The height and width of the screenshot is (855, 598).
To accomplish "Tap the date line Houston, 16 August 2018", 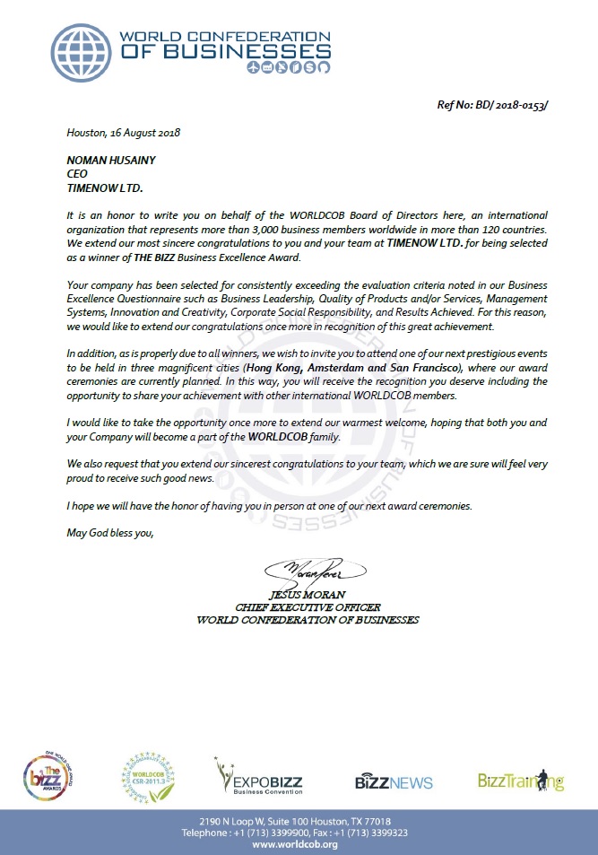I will (124, 133).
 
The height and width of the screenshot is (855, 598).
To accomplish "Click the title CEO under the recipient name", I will (77, 174).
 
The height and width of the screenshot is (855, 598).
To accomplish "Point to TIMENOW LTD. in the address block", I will (105, 188).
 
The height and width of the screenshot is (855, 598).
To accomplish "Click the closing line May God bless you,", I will (110, 533).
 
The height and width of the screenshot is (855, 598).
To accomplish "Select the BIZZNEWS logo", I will (393, 781).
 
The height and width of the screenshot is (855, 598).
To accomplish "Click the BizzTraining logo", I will (521, 781).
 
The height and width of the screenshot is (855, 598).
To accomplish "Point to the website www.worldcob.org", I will (299, 845).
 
